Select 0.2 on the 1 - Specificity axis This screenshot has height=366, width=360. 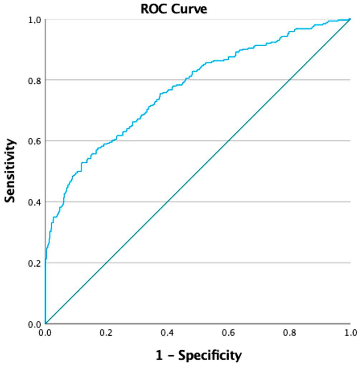tap(106, 333)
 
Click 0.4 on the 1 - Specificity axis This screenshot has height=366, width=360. tap(167, 333)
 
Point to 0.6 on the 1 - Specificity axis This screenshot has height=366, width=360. tap(228, 333)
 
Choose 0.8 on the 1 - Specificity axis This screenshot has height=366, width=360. tap(289, 333)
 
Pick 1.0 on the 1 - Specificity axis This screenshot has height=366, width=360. tap(350, 333)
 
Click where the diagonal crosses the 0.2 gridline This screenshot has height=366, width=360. tap(106, 263)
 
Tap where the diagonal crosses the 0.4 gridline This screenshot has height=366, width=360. tap(167, 202)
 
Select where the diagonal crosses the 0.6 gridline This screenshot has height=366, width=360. tap(228, 141)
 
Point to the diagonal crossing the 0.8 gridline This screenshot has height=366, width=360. tap(289, 80)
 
